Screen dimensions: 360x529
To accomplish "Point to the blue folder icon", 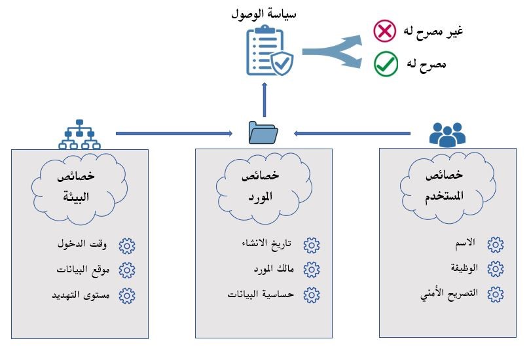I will [x=264, y=132].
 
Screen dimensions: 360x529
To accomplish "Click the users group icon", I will [x=447, y=134].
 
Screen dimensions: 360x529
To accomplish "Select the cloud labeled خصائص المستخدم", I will [x=445, y=184].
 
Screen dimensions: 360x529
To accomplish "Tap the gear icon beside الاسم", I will [x=496, y=245].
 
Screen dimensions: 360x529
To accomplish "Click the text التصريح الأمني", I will [x=450, y=294].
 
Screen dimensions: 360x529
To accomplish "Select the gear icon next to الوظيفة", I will [x=496, y=268].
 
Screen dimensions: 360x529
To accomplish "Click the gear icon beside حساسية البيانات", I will [x=312, y=294].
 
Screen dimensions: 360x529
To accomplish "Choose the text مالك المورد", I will [x=275, y=269].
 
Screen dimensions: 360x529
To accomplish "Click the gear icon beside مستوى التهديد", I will [x=126, y=295].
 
